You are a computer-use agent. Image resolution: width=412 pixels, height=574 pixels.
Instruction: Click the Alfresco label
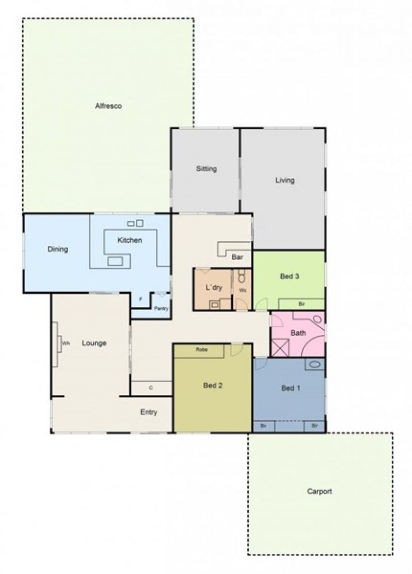click(108, 106)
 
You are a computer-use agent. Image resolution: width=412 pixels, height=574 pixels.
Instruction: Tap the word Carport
click(319, 491)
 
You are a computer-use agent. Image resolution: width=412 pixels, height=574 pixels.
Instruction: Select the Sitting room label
click(207, 169)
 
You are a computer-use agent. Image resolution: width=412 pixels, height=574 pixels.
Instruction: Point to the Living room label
click(285, 180)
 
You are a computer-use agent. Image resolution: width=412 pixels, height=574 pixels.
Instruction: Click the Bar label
click(237, 257)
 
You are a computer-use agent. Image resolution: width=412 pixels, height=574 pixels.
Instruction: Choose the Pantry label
click(161, 309)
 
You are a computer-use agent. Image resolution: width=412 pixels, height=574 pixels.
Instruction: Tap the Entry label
click(148, 412)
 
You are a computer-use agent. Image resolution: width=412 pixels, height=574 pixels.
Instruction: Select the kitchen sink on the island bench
click(115, 261)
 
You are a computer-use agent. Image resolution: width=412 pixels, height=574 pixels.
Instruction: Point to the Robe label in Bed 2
click(201, 350)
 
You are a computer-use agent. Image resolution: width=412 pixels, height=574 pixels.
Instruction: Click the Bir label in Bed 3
click(301, 304)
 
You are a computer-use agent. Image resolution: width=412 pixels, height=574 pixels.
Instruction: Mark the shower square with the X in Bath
click(280, 348)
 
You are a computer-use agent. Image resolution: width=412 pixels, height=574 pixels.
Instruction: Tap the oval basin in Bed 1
click(315, 364)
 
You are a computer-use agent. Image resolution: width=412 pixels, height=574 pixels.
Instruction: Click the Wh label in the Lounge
click(66, 344)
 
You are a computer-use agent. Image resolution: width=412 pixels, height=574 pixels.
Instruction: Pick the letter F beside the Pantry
click(141, 299)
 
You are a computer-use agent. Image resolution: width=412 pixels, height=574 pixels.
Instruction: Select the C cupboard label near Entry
click(151, 388)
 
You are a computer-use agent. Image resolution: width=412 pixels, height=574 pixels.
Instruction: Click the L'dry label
click(214, 288)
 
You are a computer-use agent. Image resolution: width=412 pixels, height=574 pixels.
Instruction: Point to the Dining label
click(58, 249)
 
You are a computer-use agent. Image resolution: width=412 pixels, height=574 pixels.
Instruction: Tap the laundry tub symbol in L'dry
click(214, 304)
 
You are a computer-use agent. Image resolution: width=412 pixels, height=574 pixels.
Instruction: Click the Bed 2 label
click(213, 385)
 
